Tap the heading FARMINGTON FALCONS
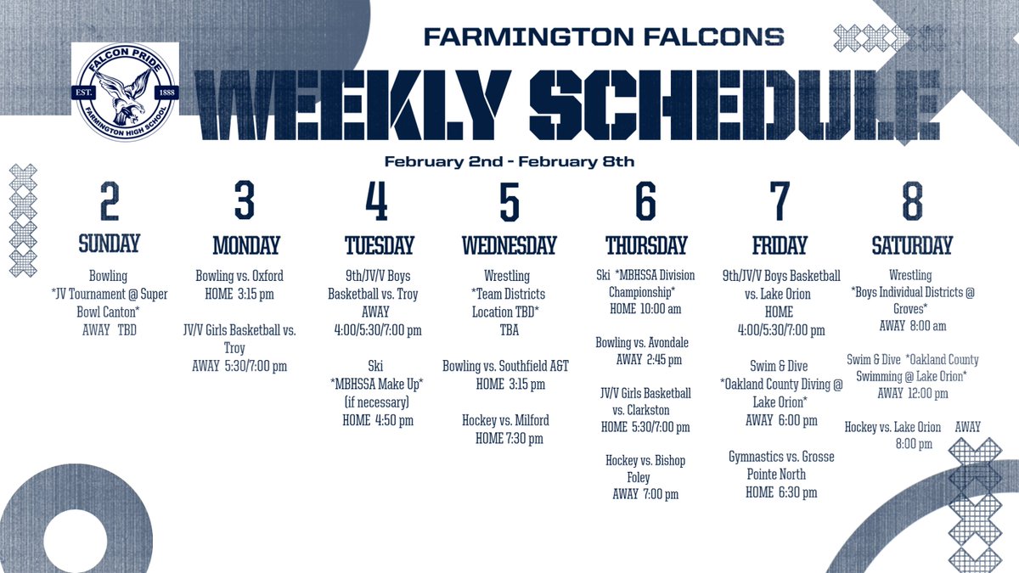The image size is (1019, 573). point(604,37)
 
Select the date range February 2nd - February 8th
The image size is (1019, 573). point(509,161)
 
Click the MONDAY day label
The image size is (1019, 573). point(245,246)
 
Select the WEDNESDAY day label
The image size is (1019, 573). point(509,246)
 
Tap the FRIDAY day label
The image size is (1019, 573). point(779,246)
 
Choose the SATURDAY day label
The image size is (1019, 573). point(912,246)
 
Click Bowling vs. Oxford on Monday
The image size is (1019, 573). point(239,276)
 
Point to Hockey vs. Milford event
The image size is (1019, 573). point(505,420)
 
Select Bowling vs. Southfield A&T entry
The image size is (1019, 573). point(505,366)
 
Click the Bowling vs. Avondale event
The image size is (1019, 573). point(642,342)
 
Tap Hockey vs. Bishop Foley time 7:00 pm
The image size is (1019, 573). point(645,494)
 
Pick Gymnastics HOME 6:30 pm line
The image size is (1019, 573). point(781,492)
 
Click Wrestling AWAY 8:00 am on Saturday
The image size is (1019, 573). point(912,325)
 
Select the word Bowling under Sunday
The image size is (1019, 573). point(108,276)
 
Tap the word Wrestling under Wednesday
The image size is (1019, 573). point(506,276)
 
